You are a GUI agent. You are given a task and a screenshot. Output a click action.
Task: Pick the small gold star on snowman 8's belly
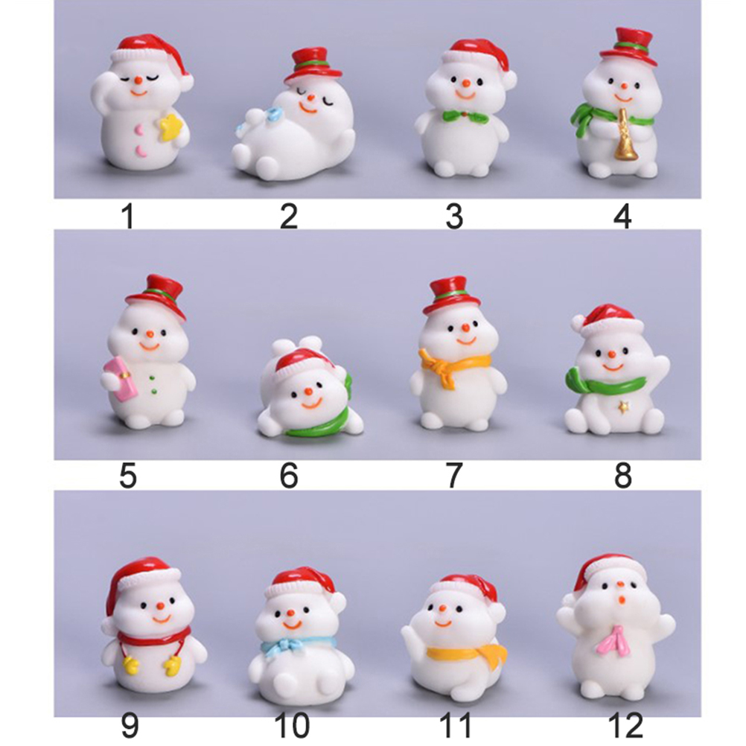click(621, 407)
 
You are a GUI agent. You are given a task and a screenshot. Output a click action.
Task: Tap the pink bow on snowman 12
click(614, 640)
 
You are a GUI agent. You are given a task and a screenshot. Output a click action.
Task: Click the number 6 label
click(289, 475)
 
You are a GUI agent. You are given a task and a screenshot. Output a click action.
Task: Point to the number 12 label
click(625, 725)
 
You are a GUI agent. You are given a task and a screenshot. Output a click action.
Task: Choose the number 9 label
click(129, 725)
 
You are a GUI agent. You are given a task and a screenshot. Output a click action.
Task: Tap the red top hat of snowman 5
click(158, 295)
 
